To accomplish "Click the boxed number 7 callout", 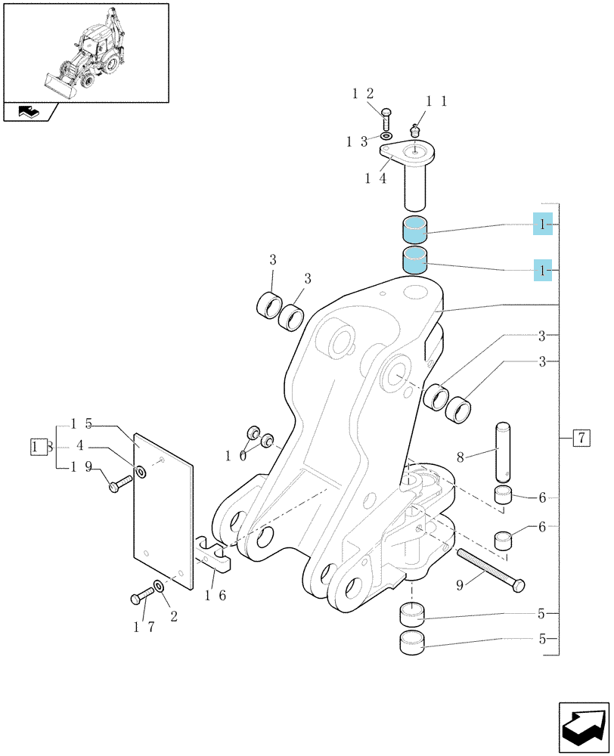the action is tap(581, 438).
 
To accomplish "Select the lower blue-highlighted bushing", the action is tap(415, 260).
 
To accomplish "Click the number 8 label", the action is tap(460, 457).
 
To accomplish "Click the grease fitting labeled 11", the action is tap(414, 130).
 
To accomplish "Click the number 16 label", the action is tap(216, 596).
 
